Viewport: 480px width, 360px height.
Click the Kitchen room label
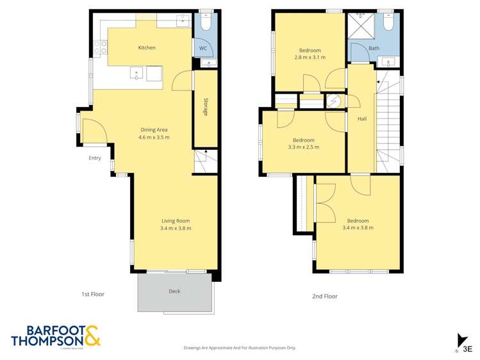tap(147, 47)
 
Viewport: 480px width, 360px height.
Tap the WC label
tap(202, 48)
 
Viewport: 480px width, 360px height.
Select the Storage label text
tap(206, 107)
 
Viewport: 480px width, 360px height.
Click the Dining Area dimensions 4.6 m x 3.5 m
tap(154, 137)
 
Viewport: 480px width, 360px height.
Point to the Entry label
tap(95, 158)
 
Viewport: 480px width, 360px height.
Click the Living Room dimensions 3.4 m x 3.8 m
tap(176, 229)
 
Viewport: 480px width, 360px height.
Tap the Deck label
tap(174, 291)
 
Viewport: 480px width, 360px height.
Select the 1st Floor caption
tap(92, 295)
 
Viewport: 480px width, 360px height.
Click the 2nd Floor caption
tap(325, 297)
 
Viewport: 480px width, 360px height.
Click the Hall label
tap(362, 119)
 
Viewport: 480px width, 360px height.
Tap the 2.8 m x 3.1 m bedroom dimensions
tap(310, 58)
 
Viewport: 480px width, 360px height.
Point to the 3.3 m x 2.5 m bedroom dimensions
tap(304, 147)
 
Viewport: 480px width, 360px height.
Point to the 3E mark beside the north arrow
tap(468, 349)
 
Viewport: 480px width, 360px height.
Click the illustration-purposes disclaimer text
tap(240, 348)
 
